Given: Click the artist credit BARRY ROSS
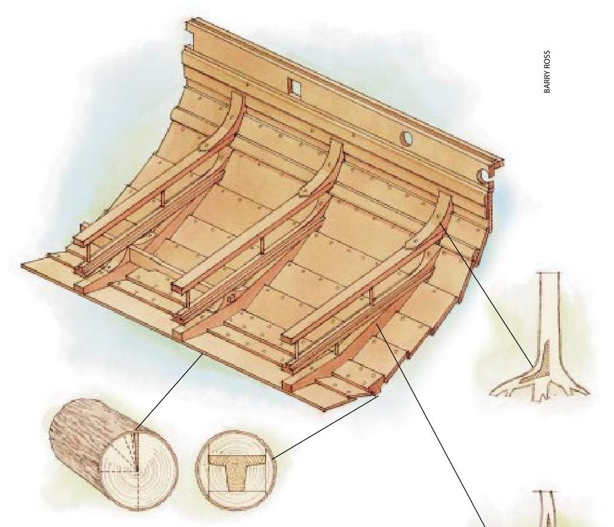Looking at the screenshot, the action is (x=547, y=71).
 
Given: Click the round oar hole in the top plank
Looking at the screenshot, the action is (x=407, y=138).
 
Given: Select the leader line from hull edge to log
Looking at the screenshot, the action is (x=169, y=392).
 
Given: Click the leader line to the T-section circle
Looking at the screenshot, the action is (x=326, y=426).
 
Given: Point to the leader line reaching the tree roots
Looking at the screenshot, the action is (x=487, y=296).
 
